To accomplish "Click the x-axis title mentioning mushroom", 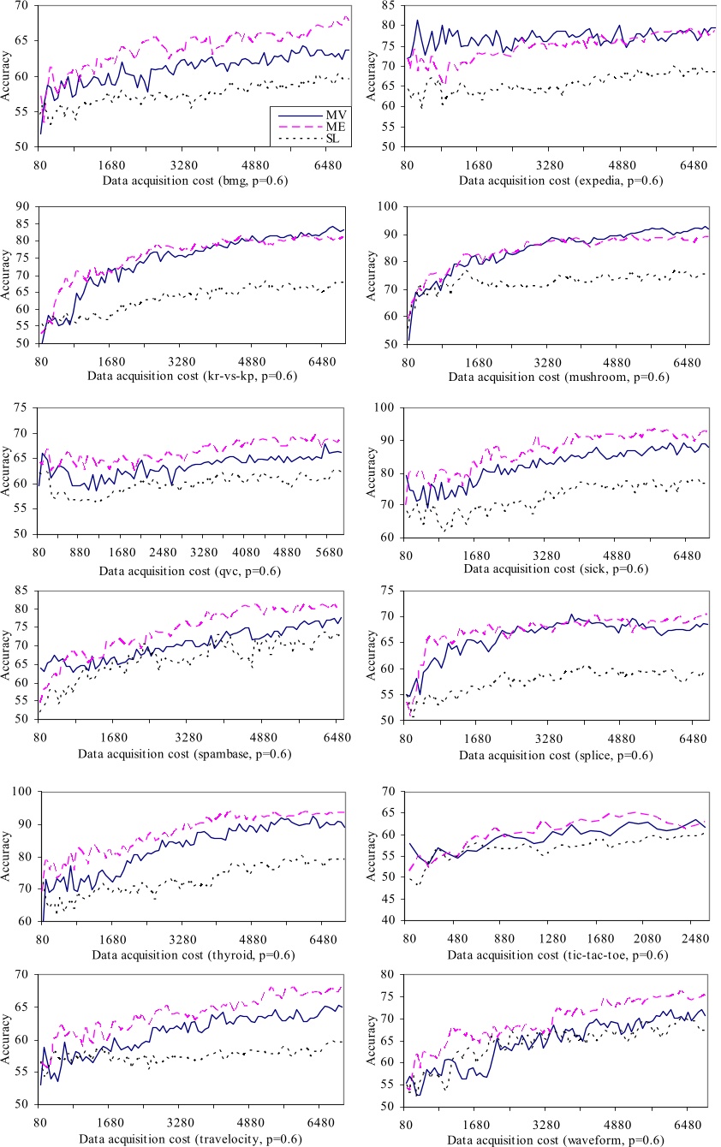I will pyautogui.click(x=557, y=377).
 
